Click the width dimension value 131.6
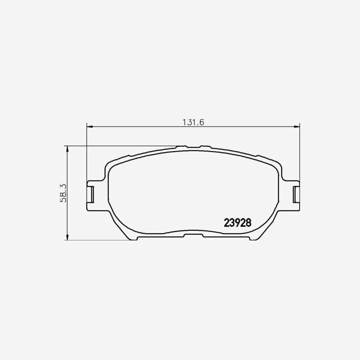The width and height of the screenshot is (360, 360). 193,122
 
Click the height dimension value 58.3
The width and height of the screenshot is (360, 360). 63,193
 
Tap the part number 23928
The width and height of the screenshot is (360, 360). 238,222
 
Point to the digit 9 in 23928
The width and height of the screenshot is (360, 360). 238,222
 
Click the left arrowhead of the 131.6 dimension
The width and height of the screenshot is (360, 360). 90,126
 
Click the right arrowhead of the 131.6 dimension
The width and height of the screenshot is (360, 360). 297,126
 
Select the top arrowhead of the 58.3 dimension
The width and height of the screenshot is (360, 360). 67,148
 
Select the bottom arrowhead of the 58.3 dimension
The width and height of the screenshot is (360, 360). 67,237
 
